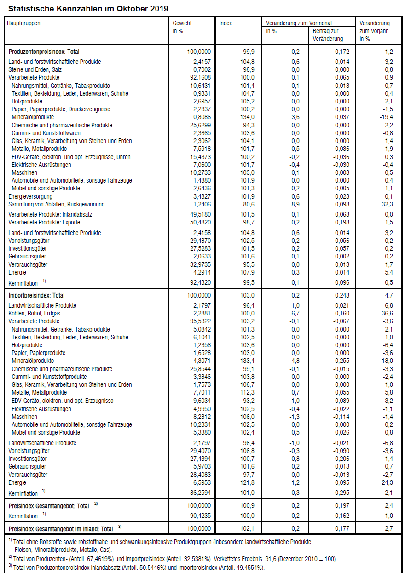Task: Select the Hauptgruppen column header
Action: (23, 23)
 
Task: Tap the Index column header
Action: (226, 23)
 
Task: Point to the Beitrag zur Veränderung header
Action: (328, 35)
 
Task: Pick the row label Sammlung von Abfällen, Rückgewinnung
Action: (57, 204)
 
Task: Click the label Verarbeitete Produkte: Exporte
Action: (44, 222)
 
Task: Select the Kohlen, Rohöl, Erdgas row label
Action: (35, 313)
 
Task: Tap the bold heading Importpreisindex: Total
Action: (37, 295)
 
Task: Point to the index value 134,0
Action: (247, 117)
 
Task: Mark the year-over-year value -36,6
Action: (385, 313)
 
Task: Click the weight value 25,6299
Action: (200, 125)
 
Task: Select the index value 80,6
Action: (249, 204)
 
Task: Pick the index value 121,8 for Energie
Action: (247, 482)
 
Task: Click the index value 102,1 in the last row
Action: (247, 528)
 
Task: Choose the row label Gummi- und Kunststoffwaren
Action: (46, 133)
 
